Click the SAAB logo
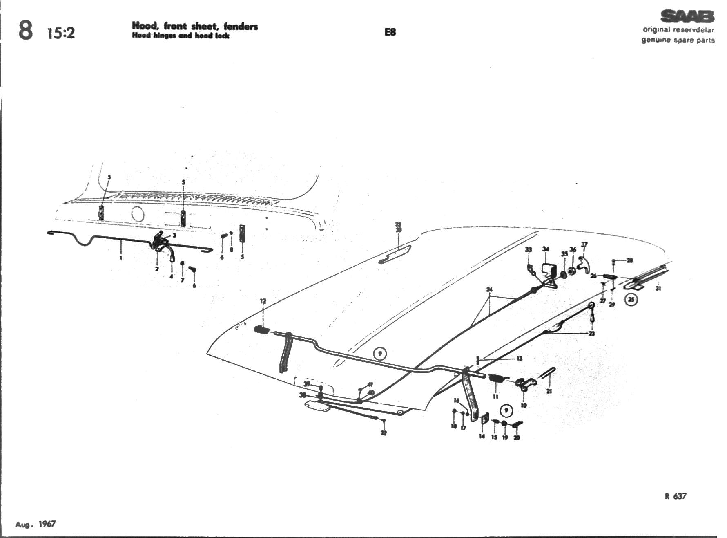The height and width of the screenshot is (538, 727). click(x=687, y=16)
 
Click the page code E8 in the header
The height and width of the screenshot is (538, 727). click(x=390, y=32)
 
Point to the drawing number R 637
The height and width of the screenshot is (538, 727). click(x=675, y=496)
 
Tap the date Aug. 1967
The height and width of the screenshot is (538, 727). click(x=36, y=524)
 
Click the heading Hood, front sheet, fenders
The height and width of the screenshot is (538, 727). click(x=195, y=26)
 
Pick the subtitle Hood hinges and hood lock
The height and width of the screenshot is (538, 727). click(x=181, y=36)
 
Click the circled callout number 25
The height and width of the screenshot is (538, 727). click(x=631, y=300)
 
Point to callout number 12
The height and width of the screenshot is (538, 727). click(x=263, y=301)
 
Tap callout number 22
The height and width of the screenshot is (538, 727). click(x=383, y=433)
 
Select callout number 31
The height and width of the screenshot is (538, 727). click(x=658, y=288)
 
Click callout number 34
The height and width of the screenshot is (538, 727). click(x=546, y=249)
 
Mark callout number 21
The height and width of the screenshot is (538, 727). click(x=549, y=391)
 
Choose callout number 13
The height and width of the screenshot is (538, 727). click(x=520, y=359)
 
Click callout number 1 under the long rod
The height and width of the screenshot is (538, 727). click(x=121, y=258)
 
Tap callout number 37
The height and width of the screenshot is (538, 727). click(x=584, y=244)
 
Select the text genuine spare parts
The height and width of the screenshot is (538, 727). click(x=678, y=40)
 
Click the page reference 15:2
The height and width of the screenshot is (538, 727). click(x=61, y=33)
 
